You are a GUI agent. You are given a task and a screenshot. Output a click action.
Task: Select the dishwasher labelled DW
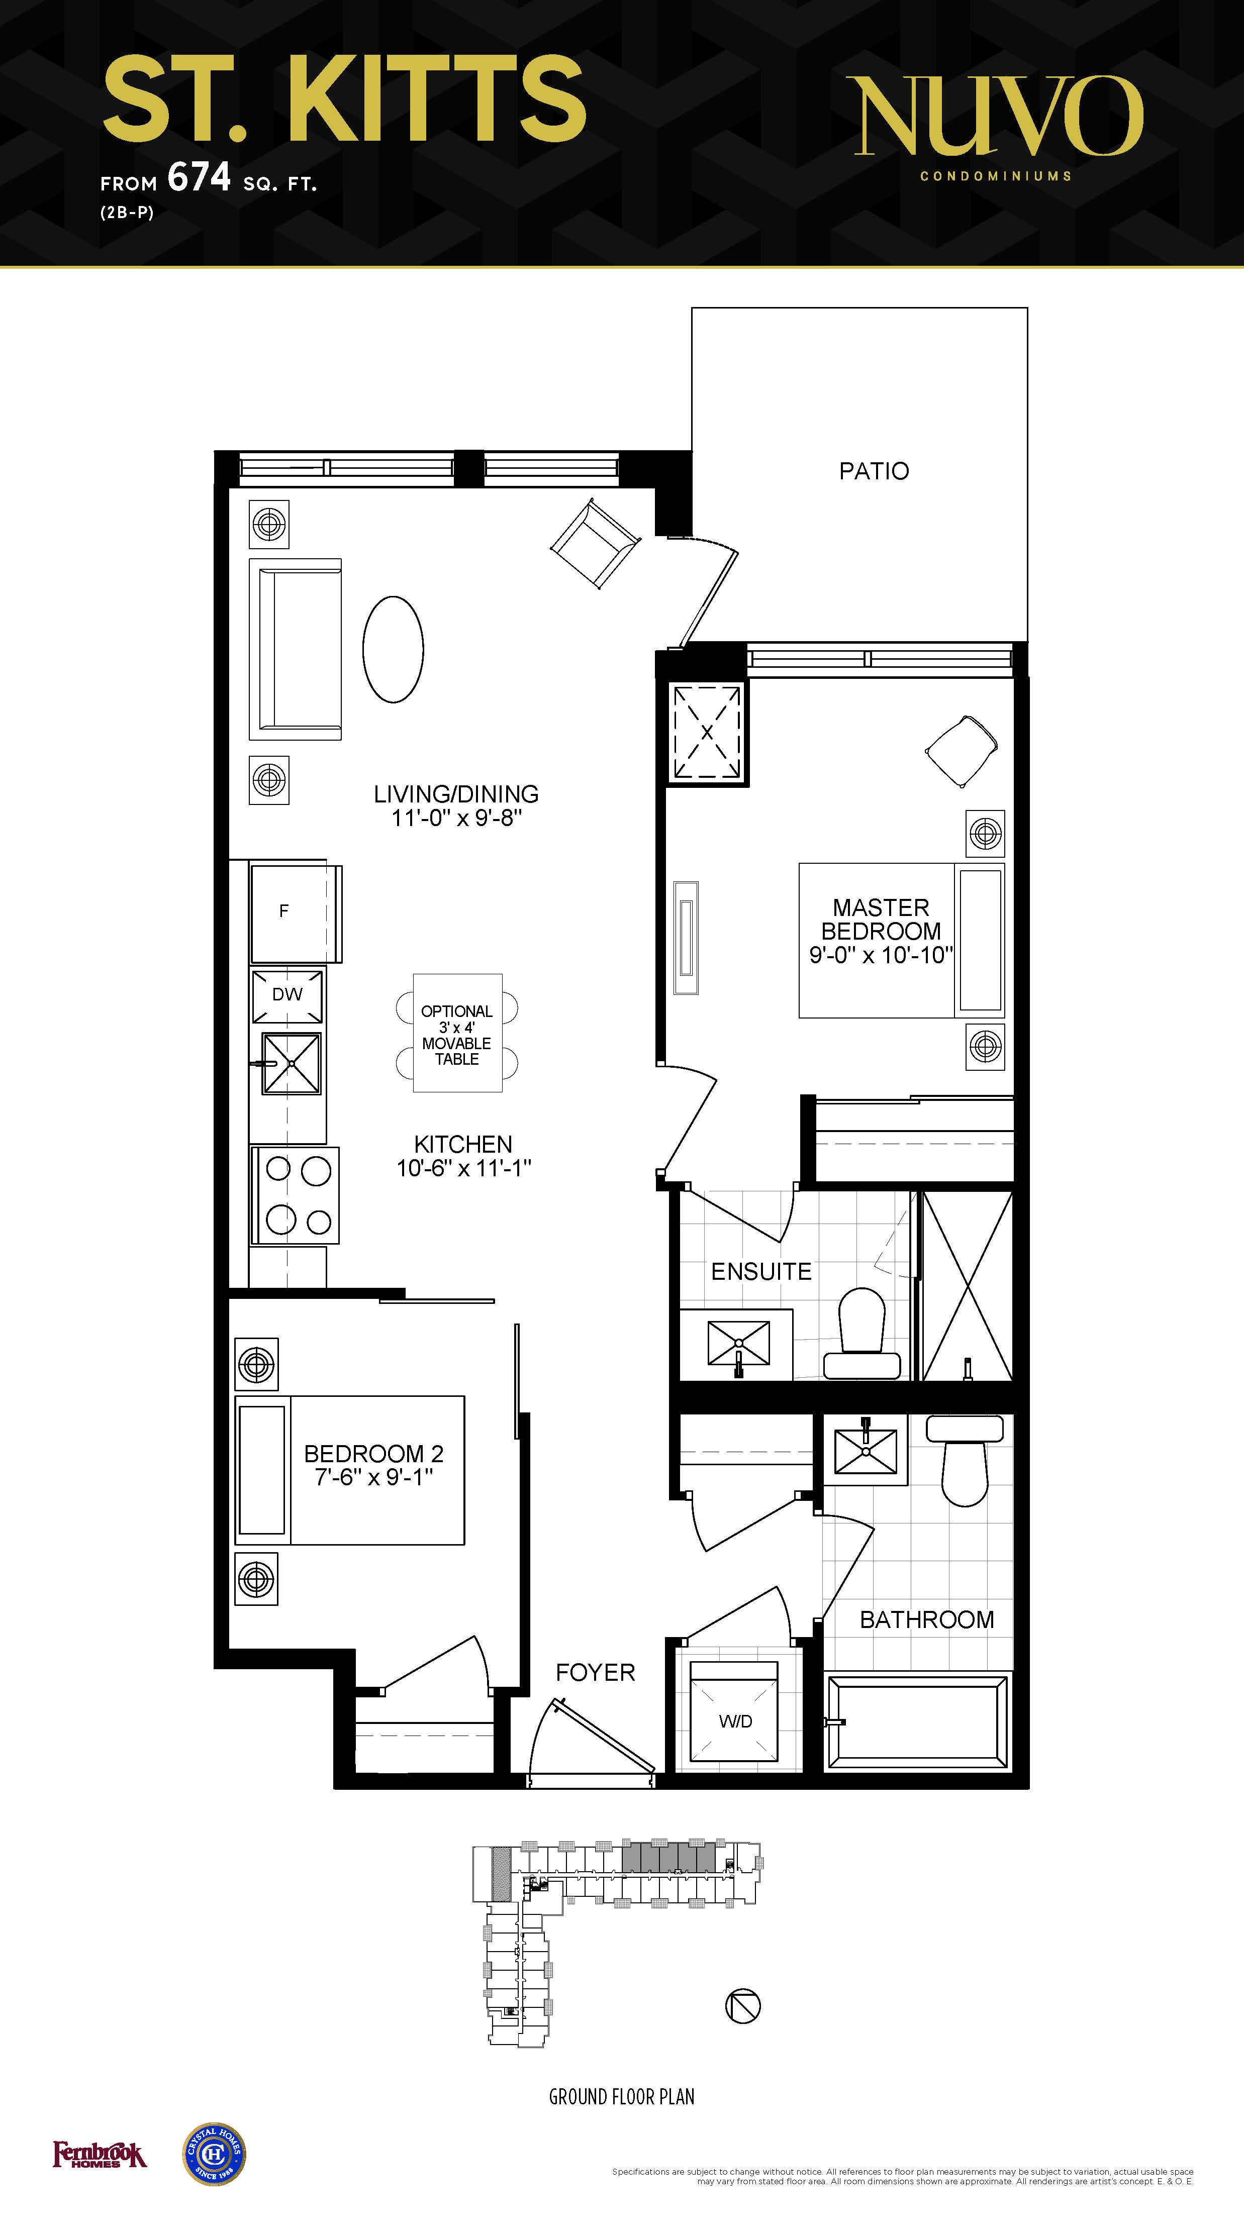[288, 995]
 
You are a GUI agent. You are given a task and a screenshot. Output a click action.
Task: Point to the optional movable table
[457, 1033]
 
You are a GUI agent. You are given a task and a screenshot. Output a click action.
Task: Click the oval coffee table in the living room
[393, 649]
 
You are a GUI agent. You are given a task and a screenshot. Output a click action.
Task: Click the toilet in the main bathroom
[965, 1461]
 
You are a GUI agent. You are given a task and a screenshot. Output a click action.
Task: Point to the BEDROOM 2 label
[373, 1453]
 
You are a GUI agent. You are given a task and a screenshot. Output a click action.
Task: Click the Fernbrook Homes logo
[100, 2155]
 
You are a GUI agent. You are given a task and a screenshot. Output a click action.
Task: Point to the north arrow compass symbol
[743, 2006]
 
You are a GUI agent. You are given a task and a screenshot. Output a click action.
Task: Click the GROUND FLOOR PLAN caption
[622, 2097]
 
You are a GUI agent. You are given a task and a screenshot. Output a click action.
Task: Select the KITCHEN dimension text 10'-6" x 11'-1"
[463, 1168]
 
